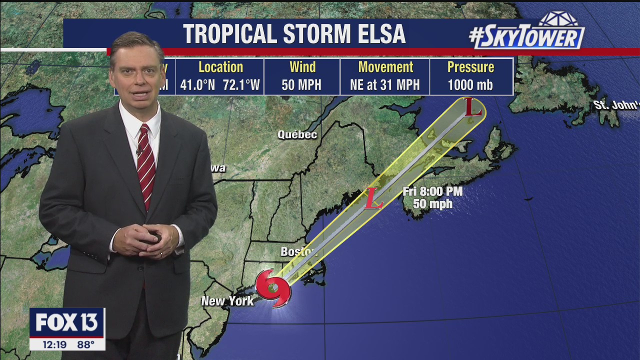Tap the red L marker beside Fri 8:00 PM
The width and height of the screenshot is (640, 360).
(x=373, y=198)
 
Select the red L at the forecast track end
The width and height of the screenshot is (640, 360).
(x=472, y=107)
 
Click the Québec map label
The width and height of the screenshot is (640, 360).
(x=297, y=135)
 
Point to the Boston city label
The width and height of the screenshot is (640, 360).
(x=297, y=251)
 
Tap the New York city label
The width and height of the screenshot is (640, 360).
(x=227, y=301)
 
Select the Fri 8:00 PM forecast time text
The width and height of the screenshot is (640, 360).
(x=432, y=191)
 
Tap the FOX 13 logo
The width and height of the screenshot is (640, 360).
(x=67, y=323)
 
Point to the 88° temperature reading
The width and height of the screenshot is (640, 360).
(x=85, y=344)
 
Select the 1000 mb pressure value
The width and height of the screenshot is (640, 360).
(x=470, y=85)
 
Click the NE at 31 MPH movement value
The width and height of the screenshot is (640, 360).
(x=384, y=85)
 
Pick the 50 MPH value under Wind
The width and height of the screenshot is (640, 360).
(x=301, y=85)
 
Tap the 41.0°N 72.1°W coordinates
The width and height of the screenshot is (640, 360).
(x=220, y=85)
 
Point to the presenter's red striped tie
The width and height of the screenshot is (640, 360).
(x=146, y=165)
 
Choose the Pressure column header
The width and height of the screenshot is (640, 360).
(x=470, y=67)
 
